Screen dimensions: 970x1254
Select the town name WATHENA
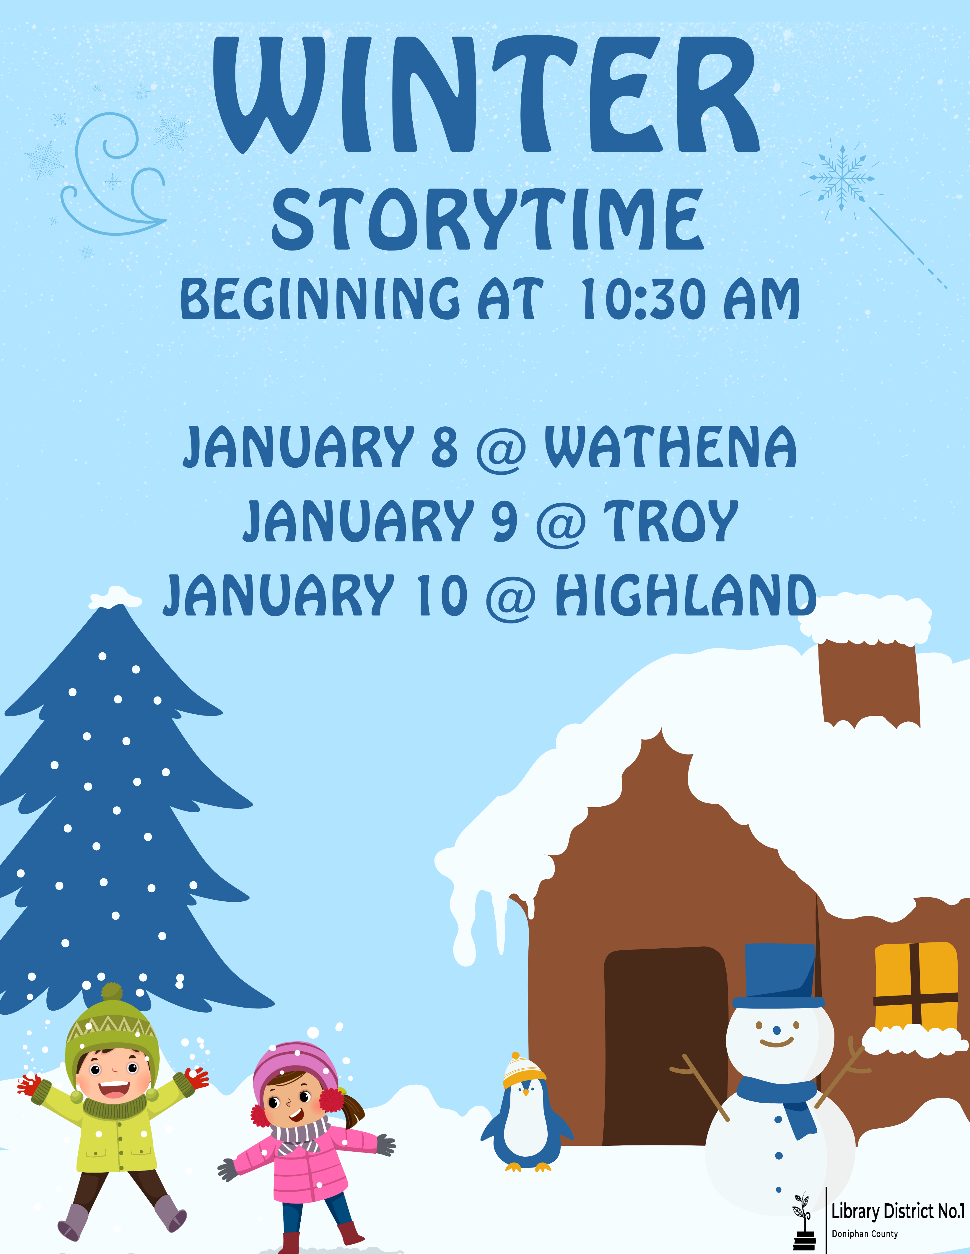click(x=670, y=447)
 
